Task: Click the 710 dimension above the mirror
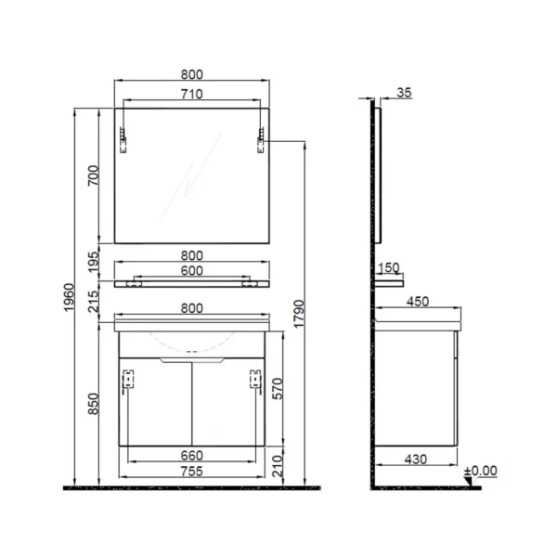click(x=192, y=94)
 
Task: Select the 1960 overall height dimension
click(x=69, y=297)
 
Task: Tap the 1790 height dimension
click(x=299, y=314)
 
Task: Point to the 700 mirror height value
click(x=93, y=175)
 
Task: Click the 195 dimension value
click(x=93, y=262)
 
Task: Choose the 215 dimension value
click(x=93, y=302)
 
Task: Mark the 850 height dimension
click(x=93, y=404)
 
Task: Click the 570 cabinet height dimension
click(x=278, y=389)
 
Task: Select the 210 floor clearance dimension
click(x=278, y=466)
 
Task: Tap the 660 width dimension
click(x=192, y=456)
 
